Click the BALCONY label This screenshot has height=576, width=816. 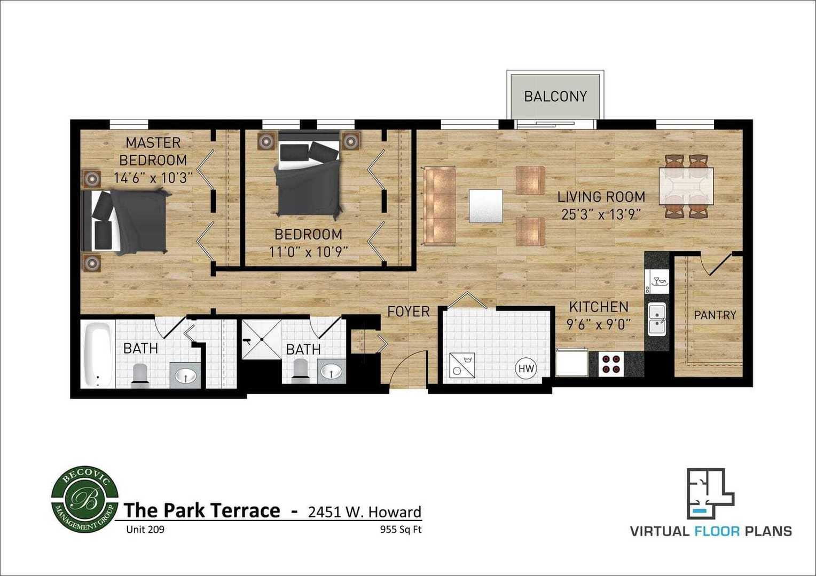(555, 97)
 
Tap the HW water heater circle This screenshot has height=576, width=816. (526, 369)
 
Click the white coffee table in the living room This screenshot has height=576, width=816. (486, 206)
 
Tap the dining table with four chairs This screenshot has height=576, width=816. (686, 186)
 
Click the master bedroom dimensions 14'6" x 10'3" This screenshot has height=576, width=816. (153, 178)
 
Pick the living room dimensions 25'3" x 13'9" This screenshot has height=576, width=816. (601, 214)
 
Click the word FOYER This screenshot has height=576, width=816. (409, 311)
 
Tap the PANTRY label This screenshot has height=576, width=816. (715, 315)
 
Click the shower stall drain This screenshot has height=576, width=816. (262, 339)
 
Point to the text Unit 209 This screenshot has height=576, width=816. (145, 530)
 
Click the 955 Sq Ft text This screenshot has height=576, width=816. (401, 530)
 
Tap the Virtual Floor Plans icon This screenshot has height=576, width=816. (710, 494)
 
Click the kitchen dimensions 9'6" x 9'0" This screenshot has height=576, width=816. (599, 324)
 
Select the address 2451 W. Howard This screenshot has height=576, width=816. (365, 512)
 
